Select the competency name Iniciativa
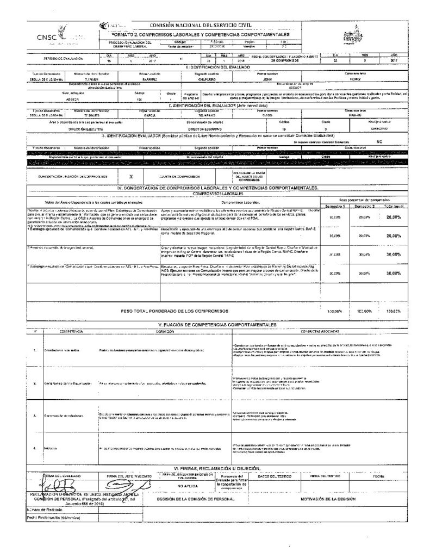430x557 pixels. [52, 448]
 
